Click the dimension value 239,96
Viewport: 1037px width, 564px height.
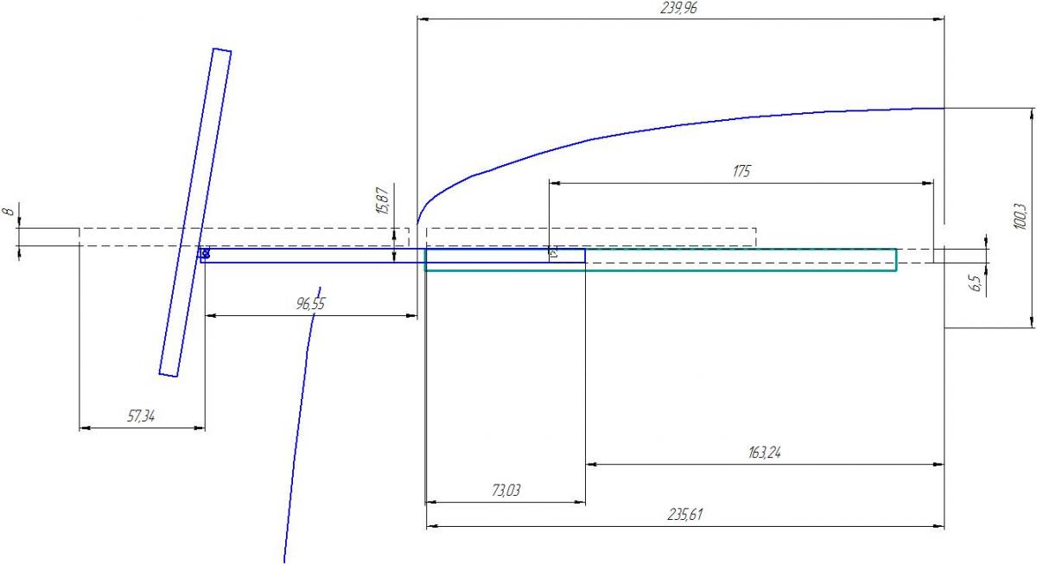(x=678, y=8)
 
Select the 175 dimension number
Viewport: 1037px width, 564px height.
(x=741, y=172)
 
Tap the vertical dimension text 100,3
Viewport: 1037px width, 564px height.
(x=1020, y=217)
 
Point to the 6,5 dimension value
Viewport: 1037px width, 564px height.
(x=976, y=283)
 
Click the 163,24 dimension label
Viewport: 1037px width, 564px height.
(x=764, y=452)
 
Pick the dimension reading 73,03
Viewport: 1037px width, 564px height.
(x=506, y=491)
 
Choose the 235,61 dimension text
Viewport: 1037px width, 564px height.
(x=684, y=515)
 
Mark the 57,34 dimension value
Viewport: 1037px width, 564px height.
(x=141, y=416)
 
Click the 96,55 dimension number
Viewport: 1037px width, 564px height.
(x=310, y=304)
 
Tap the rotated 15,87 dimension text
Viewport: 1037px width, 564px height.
(x=383, y=200)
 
